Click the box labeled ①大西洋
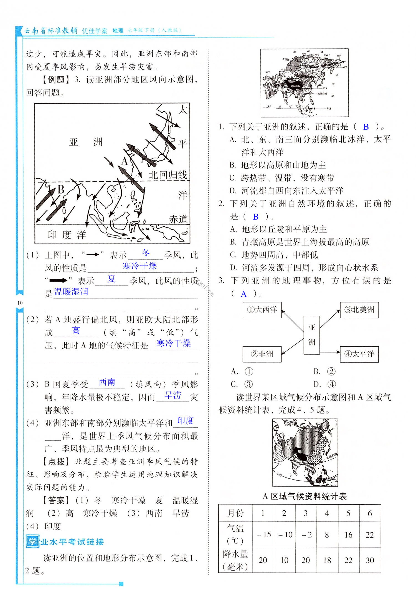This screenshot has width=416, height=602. [262, 310]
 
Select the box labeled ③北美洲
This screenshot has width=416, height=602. [359, 310]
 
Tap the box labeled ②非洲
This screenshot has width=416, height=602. [262, 354]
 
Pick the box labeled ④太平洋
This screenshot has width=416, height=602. [359, 354]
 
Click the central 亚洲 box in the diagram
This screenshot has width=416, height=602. [312, 335]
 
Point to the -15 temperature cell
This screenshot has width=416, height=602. [263, 535]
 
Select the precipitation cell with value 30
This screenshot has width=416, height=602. [370, 560]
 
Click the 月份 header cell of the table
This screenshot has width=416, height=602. [235, 513]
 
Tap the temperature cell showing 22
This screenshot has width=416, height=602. [370, 535]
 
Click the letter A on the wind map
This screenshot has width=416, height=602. [125, 161]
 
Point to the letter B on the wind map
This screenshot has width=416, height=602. [61, 190]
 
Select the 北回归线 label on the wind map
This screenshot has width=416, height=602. [168, 175]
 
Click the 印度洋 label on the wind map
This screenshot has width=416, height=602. [67, 235]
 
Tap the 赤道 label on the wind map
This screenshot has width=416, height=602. [178, 219]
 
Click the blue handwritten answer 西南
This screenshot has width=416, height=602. [107, 382]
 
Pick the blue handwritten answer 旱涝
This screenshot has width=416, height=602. [173, 395]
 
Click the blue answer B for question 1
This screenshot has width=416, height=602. [366, 127]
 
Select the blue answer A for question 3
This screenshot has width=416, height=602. [243, 294]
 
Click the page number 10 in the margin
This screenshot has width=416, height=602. [20, 303]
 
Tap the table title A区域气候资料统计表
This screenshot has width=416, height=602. [305, 496]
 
